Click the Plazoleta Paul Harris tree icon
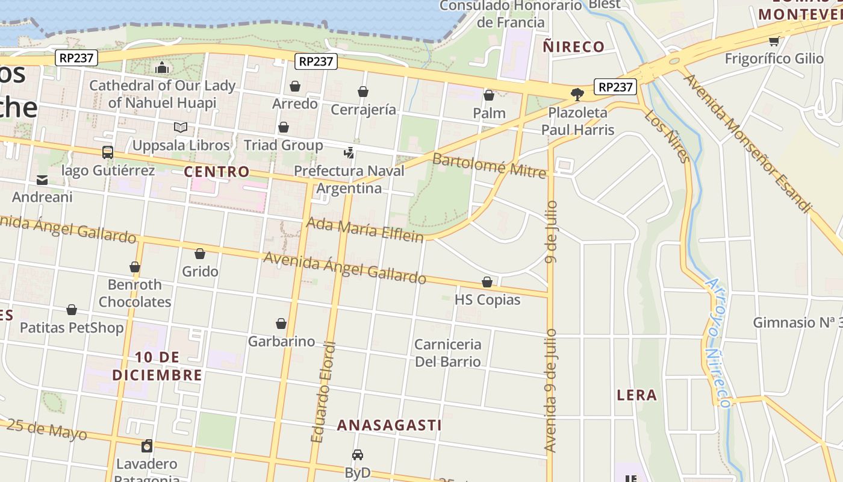click(577, 94)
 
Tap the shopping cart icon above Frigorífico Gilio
click(774, 41)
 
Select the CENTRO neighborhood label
click(216, 172)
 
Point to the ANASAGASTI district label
click(389, 425)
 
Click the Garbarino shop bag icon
click(281, 324)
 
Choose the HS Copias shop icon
click(487, 281)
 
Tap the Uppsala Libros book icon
click(180, 127)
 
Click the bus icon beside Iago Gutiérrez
click(108, 152)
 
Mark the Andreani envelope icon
click(42, 180)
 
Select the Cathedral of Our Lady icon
click(161, 67)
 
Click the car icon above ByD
click(358, 454)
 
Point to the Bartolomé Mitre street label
click(489, 166)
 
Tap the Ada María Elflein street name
click(365, 230)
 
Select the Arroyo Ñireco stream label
click(718, 342)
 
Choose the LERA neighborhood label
click(636, 395)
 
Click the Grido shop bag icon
click(200, 254)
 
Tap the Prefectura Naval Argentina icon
click(349, 152)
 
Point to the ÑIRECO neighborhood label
click(573, 46)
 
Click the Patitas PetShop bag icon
click(72, 310)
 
